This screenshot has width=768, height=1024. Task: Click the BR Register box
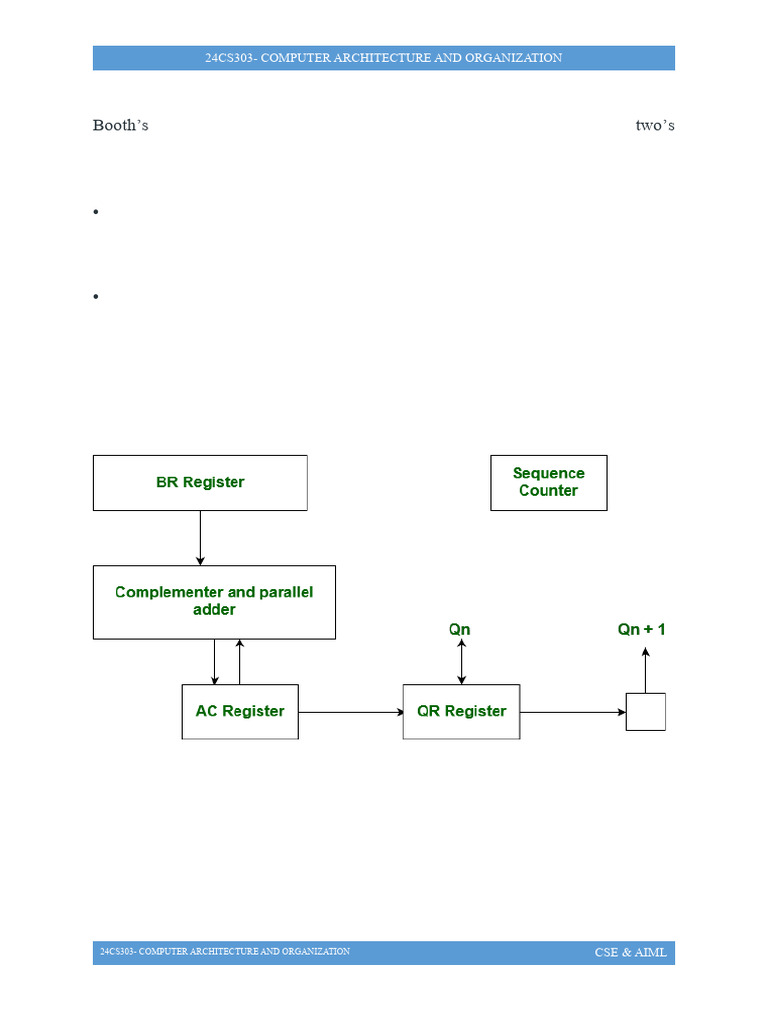tap(200, 483)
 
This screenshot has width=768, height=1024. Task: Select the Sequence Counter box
tap(548, 483)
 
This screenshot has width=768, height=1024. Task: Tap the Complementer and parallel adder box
tap(214, 602)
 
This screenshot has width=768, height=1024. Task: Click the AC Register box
tap(240, 712)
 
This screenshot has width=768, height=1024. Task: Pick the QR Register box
tap(461, 712)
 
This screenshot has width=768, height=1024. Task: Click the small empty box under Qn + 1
tap(645, 712)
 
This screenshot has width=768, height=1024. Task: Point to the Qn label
tap(459, 630)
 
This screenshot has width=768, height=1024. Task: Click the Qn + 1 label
tap(641, 630)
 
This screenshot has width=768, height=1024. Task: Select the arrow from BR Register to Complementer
tap(200, 538)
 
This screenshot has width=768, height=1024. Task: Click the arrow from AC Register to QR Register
tap(350, 713)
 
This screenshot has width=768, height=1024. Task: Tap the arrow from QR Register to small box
tap(572, 713)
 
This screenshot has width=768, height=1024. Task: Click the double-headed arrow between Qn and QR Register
tap(461, 662)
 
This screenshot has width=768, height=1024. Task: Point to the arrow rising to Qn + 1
tap(645, 670)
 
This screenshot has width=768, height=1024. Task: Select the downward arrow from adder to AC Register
tap(215, 662)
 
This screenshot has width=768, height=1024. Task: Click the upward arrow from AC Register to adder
tap(239, 662)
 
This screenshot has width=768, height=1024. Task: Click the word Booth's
tap(120, 126)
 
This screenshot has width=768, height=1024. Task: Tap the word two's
tap(655, 126)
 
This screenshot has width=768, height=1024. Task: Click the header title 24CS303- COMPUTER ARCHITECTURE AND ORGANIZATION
tap(383, 58)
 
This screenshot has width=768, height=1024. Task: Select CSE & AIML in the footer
tap(630, 953)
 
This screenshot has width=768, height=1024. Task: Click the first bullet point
tap(96, 212)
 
